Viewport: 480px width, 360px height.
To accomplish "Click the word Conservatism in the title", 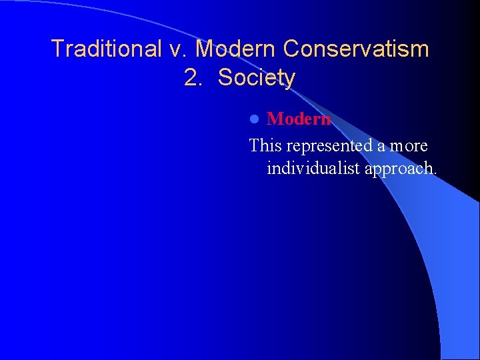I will (x=356, y=49).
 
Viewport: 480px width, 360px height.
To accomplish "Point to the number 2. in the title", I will (x=193, y=78).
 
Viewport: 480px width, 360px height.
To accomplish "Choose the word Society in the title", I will (x=257, y=78).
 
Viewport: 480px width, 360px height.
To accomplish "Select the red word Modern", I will (x=299, y=119).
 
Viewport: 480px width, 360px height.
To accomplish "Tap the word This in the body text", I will (x=265, y=145).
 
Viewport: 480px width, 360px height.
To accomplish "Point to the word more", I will (x=409, y=146).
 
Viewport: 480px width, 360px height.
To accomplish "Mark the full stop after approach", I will (x=435, y=174).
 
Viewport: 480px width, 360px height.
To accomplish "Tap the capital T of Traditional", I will (x=57, y=49).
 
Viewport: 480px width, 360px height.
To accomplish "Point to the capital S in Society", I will (x=225, y=78).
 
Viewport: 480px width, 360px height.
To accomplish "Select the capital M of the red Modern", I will (x=275, y=119).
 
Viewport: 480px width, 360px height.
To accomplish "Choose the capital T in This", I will (x=254, y=145).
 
